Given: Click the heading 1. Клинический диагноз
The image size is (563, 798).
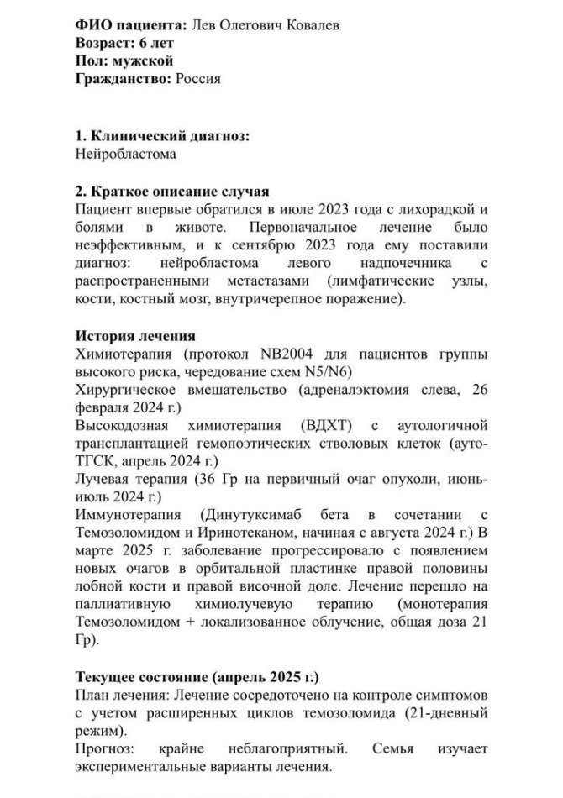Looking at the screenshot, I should click(x=162, y=137).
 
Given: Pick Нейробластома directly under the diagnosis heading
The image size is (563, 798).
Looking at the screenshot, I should click(x=126, y=155).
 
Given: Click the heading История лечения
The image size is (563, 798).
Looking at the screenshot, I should click(x=135, y=335).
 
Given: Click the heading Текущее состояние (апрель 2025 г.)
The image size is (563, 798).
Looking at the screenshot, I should click(x=197, y=677).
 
